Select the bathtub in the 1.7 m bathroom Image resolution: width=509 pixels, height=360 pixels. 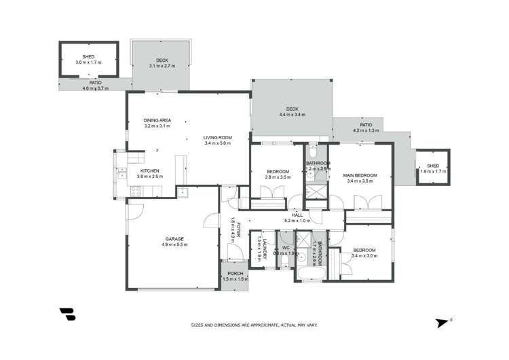(312, 274)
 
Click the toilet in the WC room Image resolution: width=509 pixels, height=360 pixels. (288, 260)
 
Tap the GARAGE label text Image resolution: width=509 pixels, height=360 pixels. (174, 238)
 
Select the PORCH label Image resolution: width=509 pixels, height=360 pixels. (235, 274)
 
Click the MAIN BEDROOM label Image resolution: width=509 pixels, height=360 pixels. (360, 175)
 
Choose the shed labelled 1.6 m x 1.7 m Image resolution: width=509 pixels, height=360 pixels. (430, 168)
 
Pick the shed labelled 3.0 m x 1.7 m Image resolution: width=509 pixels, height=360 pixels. (88, 59)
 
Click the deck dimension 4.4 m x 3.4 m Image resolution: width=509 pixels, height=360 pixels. (292, 115)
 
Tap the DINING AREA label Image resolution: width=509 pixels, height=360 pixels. (157, 120)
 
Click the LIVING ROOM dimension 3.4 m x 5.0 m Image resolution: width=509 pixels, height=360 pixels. (217, 143)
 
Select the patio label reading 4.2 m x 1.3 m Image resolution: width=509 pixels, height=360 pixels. (366, 130)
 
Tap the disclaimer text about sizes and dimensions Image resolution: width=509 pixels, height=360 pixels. (254, 325)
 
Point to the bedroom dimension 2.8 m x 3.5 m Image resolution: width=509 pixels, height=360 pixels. (278, 177)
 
